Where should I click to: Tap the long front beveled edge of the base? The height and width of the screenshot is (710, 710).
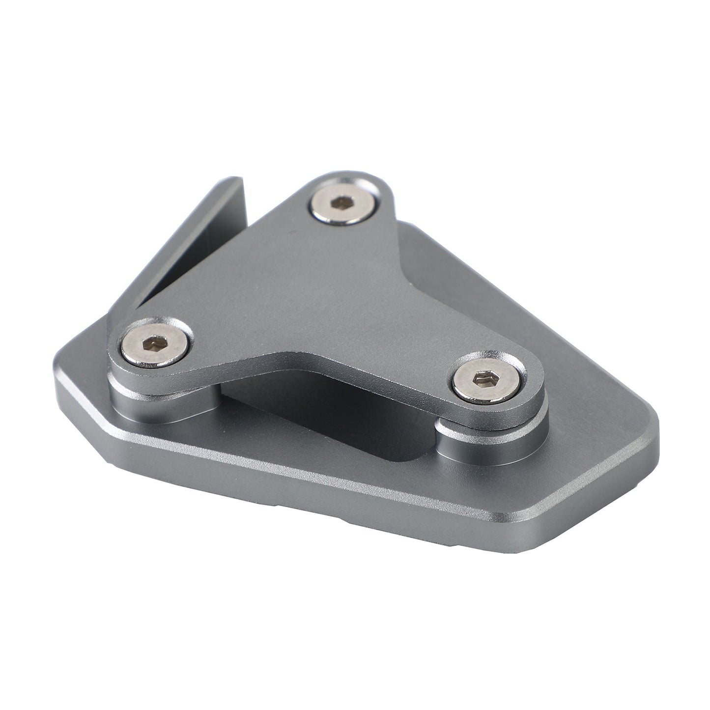coord(344,484)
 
